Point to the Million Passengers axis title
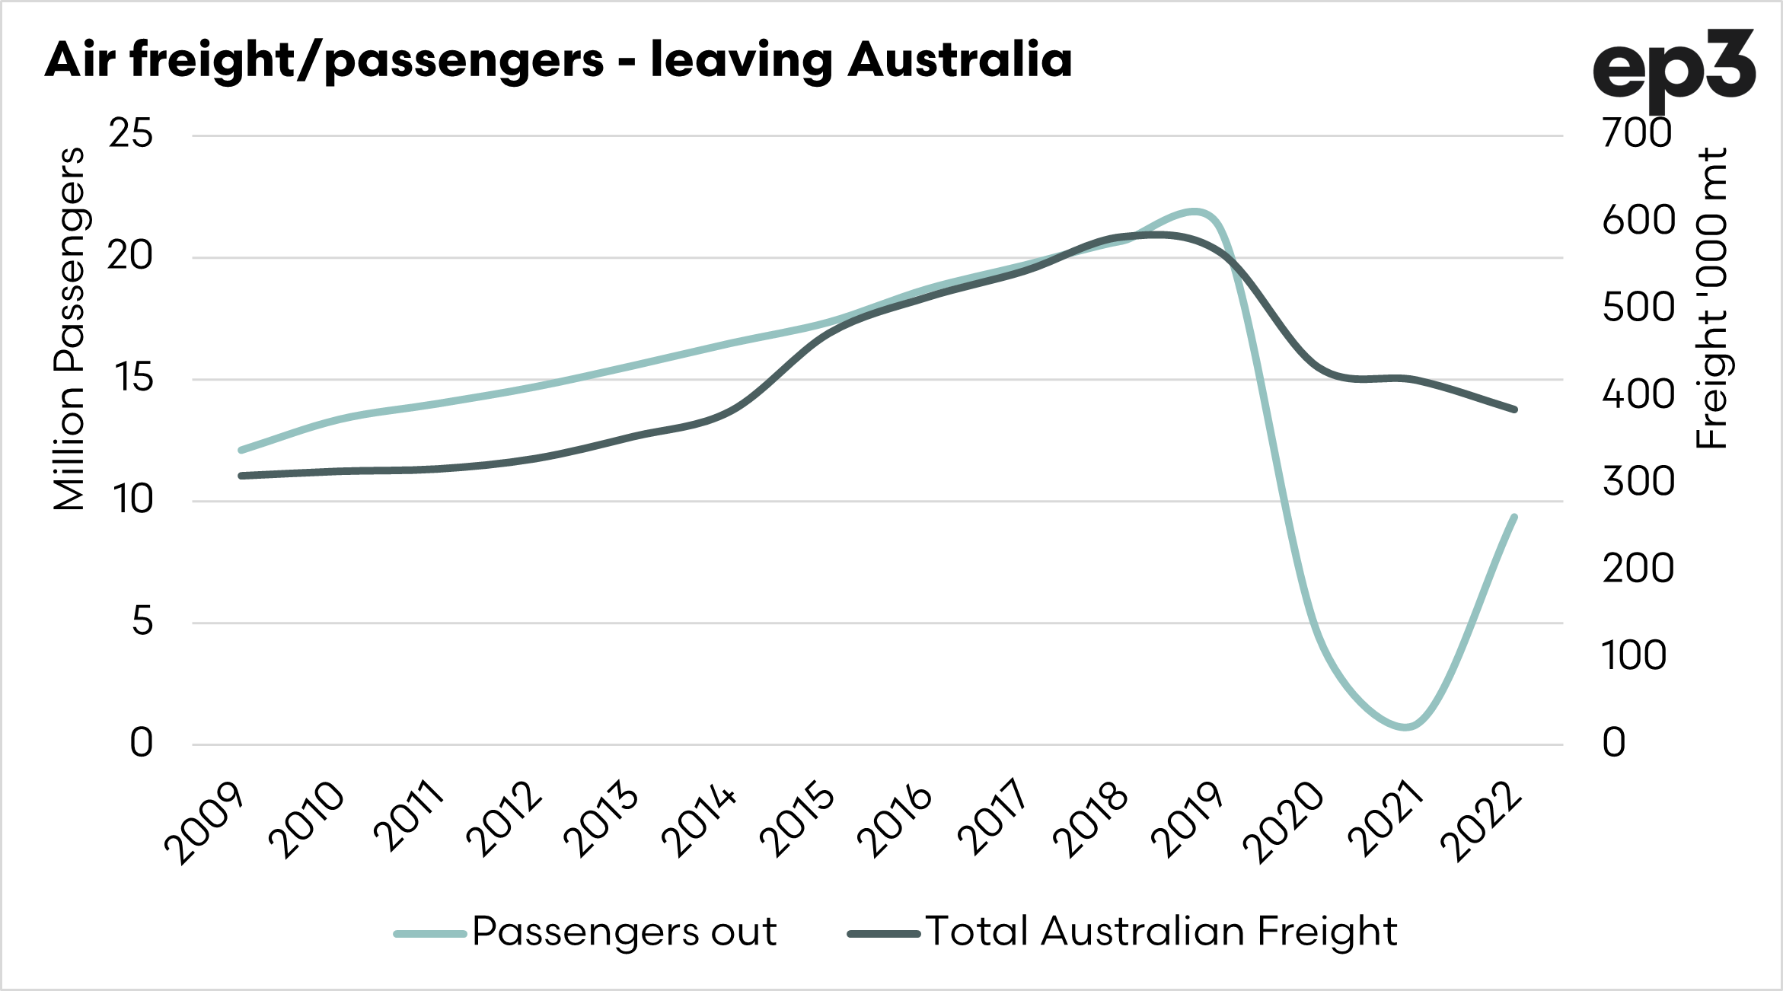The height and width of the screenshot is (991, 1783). (x=69, y=329)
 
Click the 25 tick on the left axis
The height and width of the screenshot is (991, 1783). (x=130, y=134)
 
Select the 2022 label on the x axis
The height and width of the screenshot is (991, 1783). (x=1481, y=822)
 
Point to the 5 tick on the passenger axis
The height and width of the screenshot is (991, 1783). (x=142, y=621)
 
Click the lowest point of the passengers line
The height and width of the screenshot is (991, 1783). (x=1405, y=727)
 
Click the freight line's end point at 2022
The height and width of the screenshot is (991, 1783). (x=1514, y=409)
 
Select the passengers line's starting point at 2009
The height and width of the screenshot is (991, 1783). (x=241, y=450)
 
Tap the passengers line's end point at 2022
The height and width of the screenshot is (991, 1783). (x=1514, y=518)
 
